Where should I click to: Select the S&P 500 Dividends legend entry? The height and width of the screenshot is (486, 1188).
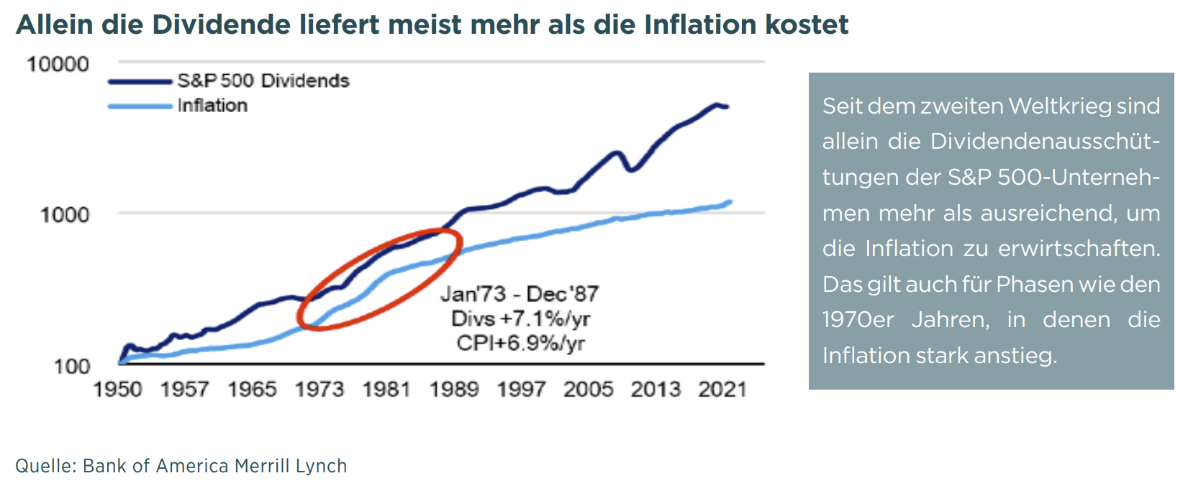point(263,81)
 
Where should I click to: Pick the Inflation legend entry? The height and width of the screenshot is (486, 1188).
point(212,106)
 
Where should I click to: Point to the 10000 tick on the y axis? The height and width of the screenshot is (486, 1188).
point(58,64)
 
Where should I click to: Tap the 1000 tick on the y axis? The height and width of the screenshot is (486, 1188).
point(65,214)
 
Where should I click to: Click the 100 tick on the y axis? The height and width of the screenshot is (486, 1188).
point(72,366)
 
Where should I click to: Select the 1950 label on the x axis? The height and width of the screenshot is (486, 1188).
point(118,390)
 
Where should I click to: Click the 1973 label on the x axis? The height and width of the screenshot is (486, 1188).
point(319,390)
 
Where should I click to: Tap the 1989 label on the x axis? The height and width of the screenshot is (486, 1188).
point(454,390)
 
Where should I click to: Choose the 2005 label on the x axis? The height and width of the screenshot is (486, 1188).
point(589,390)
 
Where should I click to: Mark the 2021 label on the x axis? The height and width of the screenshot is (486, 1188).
point(722,390)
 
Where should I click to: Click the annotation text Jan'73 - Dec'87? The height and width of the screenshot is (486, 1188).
point(519,294)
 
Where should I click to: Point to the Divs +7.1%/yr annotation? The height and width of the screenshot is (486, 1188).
point(520,318)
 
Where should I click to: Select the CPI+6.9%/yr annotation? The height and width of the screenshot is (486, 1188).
point(520,343)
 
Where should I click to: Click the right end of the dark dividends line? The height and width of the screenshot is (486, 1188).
point(727,107)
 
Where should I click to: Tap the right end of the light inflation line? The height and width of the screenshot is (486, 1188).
point(731,201)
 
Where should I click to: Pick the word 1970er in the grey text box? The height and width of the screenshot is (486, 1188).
point(858,319)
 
